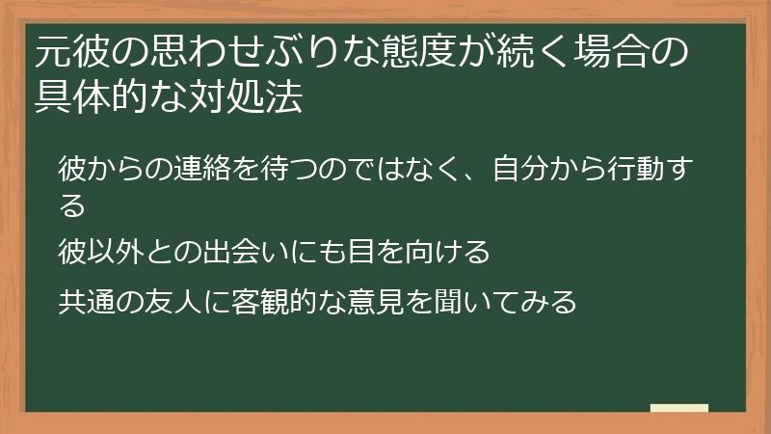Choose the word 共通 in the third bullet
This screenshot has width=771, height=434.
[x=87, y=302]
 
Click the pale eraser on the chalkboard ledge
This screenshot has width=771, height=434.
[x=679, y=408]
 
